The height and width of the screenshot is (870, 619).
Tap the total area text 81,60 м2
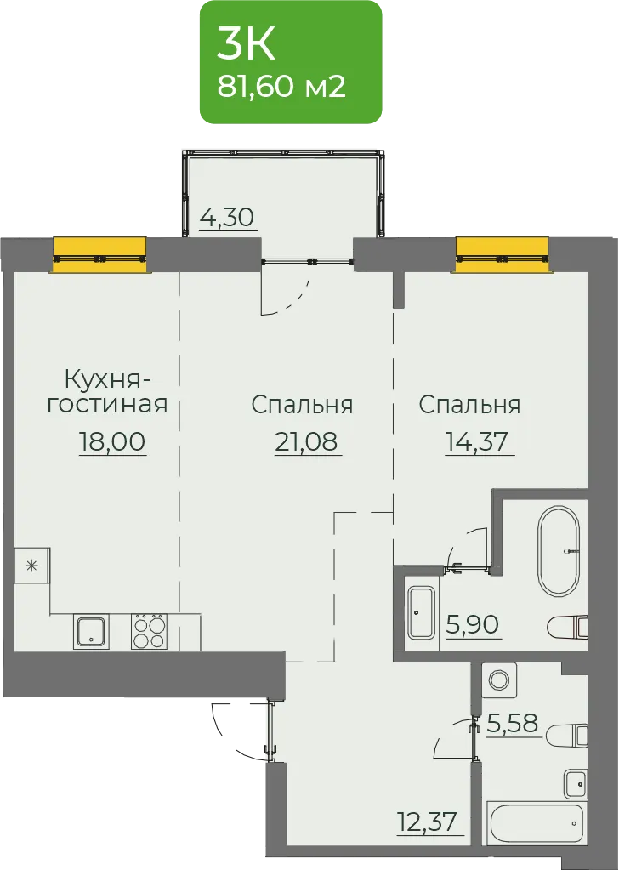281,87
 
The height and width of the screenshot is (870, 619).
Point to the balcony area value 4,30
227,217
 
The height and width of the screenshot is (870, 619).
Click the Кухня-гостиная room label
107,392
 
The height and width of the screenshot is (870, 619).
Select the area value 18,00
112,441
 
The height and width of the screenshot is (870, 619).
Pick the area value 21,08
308,441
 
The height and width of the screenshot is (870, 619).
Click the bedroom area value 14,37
480,441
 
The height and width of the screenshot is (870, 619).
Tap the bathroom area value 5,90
473,625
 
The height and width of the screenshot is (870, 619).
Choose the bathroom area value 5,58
513,723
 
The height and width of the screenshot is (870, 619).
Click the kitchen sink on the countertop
91,632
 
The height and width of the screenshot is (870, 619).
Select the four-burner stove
149,632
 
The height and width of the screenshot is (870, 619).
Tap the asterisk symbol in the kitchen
32,566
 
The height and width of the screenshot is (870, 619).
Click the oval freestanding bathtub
558,551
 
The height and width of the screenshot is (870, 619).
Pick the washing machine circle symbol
499,680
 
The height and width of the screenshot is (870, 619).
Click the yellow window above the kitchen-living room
99,255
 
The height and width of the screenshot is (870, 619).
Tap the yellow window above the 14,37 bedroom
503,255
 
